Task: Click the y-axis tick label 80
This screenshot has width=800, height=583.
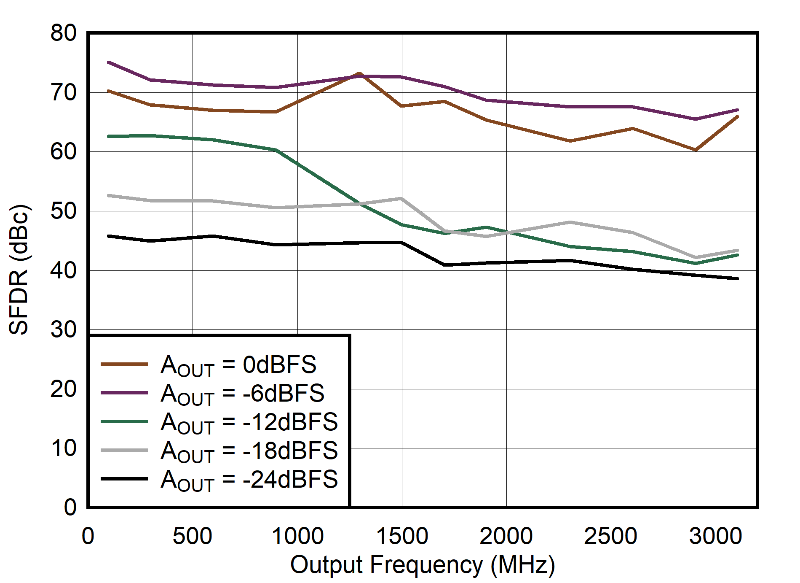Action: point(63,33)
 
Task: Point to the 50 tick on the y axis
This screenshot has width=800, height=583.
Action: point(63,211)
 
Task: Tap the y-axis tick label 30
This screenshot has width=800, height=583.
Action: point(63,329)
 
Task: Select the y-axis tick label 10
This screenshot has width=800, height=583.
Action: point(63,448)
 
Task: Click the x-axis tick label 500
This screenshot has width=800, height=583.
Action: point(193,536)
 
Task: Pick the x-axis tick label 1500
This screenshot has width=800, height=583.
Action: point(402,536)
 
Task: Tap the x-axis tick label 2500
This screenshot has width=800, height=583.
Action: point(610,536)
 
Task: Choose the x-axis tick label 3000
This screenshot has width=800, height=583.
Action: point(715,536)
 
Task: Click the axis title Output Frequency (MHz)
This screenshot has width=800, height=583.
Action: point(423,565)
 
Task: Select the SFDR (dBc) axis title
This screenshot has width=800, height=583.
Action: point(19,270)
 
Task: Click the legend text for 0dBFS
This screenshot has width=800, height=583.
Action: point(238,365)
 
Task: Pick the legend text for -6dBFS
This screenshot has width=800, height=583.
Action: point(243,394)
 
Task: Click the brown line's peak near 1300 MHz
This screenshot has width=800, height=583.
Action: point(359,73)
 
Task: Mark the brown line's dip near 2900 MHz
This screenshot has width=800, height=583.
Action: point(696,150)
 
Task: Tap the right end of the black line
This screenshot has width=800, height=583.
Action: point(737,278)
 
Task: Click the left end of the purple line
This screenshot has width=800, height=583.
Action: point(109,62)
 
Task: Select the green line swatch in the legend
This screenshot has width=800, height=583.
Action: point(124,421)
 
